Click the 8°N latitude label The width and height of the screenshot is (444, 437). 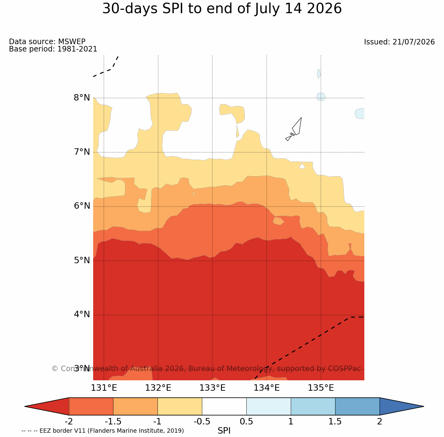(82, 98)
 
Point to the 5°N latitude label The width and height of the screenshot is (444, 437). (82, 260)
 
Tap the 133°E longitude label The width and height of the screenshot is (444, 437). (212, 388)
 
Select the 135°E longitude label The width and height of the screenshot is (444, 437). (321, 388)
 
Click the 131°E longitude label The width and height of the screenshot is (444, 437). (104, 388)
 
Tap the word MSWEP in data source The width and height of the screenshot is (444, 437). (72, 41)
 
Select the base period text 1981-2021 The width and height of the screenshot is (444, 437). (77, 49)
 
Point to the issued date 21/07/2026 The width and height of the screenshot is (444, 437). (414, 42)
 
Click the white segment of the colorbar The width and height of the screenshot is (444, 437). (224, 406)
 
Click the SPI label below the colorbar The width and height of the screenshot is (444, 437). (224, 431)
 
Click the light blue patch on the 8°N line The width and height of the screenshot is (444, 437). (321, 97)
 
